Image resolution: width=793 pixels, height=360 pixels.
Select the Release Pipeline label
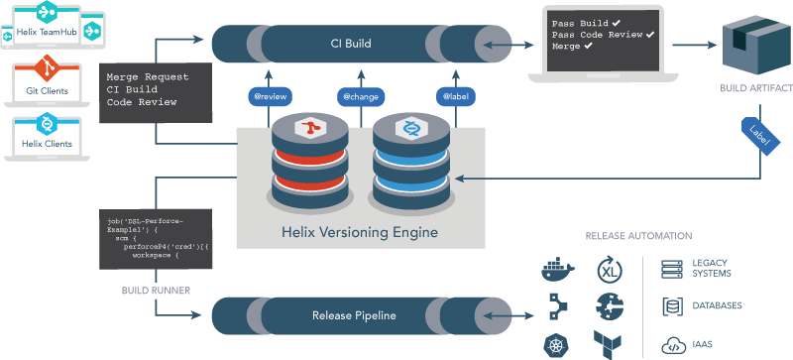[355, 315]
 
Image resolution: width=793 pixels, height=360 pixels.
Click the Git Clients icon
[45, 70]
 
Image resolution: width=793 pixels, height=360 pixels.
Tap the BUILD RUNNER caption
[155, 292]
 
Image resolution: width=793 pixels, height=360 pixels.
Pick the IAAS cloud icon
[673, 345]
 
